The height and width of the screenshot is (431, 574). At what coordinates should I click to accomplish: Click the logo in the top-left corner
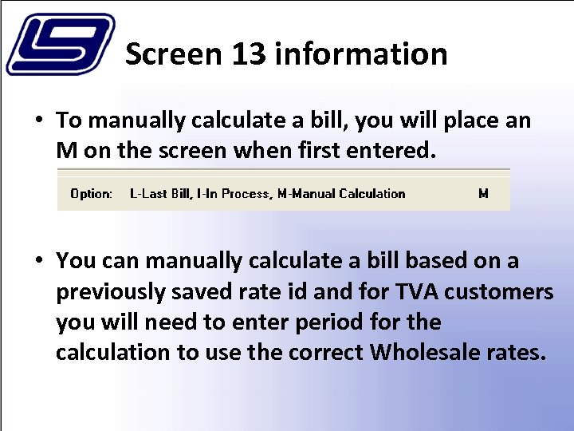click(60, 44)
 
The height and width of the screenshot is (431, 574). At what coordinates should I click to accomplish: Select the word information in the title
click(360, 54)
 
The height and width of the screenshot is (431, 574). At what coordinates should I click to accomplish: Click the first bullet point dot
click(38, 121)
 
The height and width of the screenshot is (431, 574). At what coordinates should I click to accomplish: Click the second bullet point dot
click(38, 261)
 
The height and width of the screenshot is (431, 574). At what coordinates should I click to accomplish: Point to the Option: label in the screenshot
click(91, 193)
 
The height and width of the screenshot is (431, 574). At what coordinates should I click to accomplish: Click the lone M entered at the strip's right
click(483, 193)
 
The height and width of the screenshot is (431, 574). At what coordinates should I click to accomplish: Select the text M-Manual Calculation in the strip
click(341, 193)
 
